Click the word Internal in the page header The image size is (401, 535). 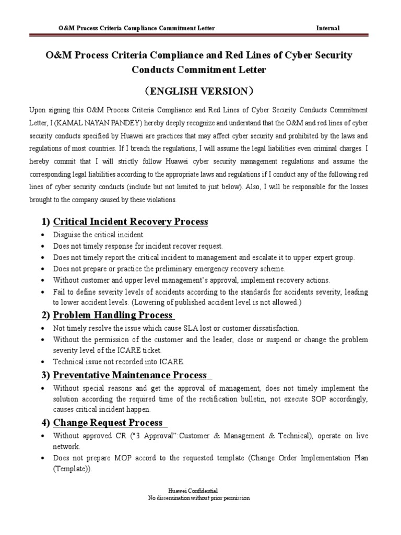tap(328, 28)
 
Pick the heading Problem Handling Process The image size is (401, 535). tap(113, 315)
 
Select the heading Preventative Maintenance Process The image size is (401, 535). tap(130, 375)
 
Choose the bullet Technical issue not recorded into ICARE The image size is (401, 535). tap(118, 362)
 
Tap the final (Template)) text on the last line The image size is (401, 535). tap(72, 469)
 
